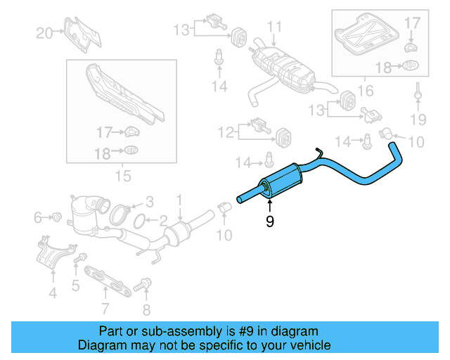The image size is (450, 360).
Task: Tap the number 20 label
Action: (44, 32)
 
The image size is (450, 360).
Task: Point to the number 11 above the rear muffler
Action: (274, 27)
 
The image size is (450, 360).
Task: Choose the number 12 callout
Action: (225, 131)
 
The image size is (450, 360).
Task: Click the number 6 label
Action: (38, 218)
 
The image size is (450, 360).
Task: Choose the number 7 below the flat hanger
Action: (105, 308)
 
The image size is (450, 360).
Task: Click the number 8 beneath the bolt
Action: (146, 310)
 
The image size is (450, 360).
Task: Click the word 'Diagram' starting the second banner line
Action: (98, 345)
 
